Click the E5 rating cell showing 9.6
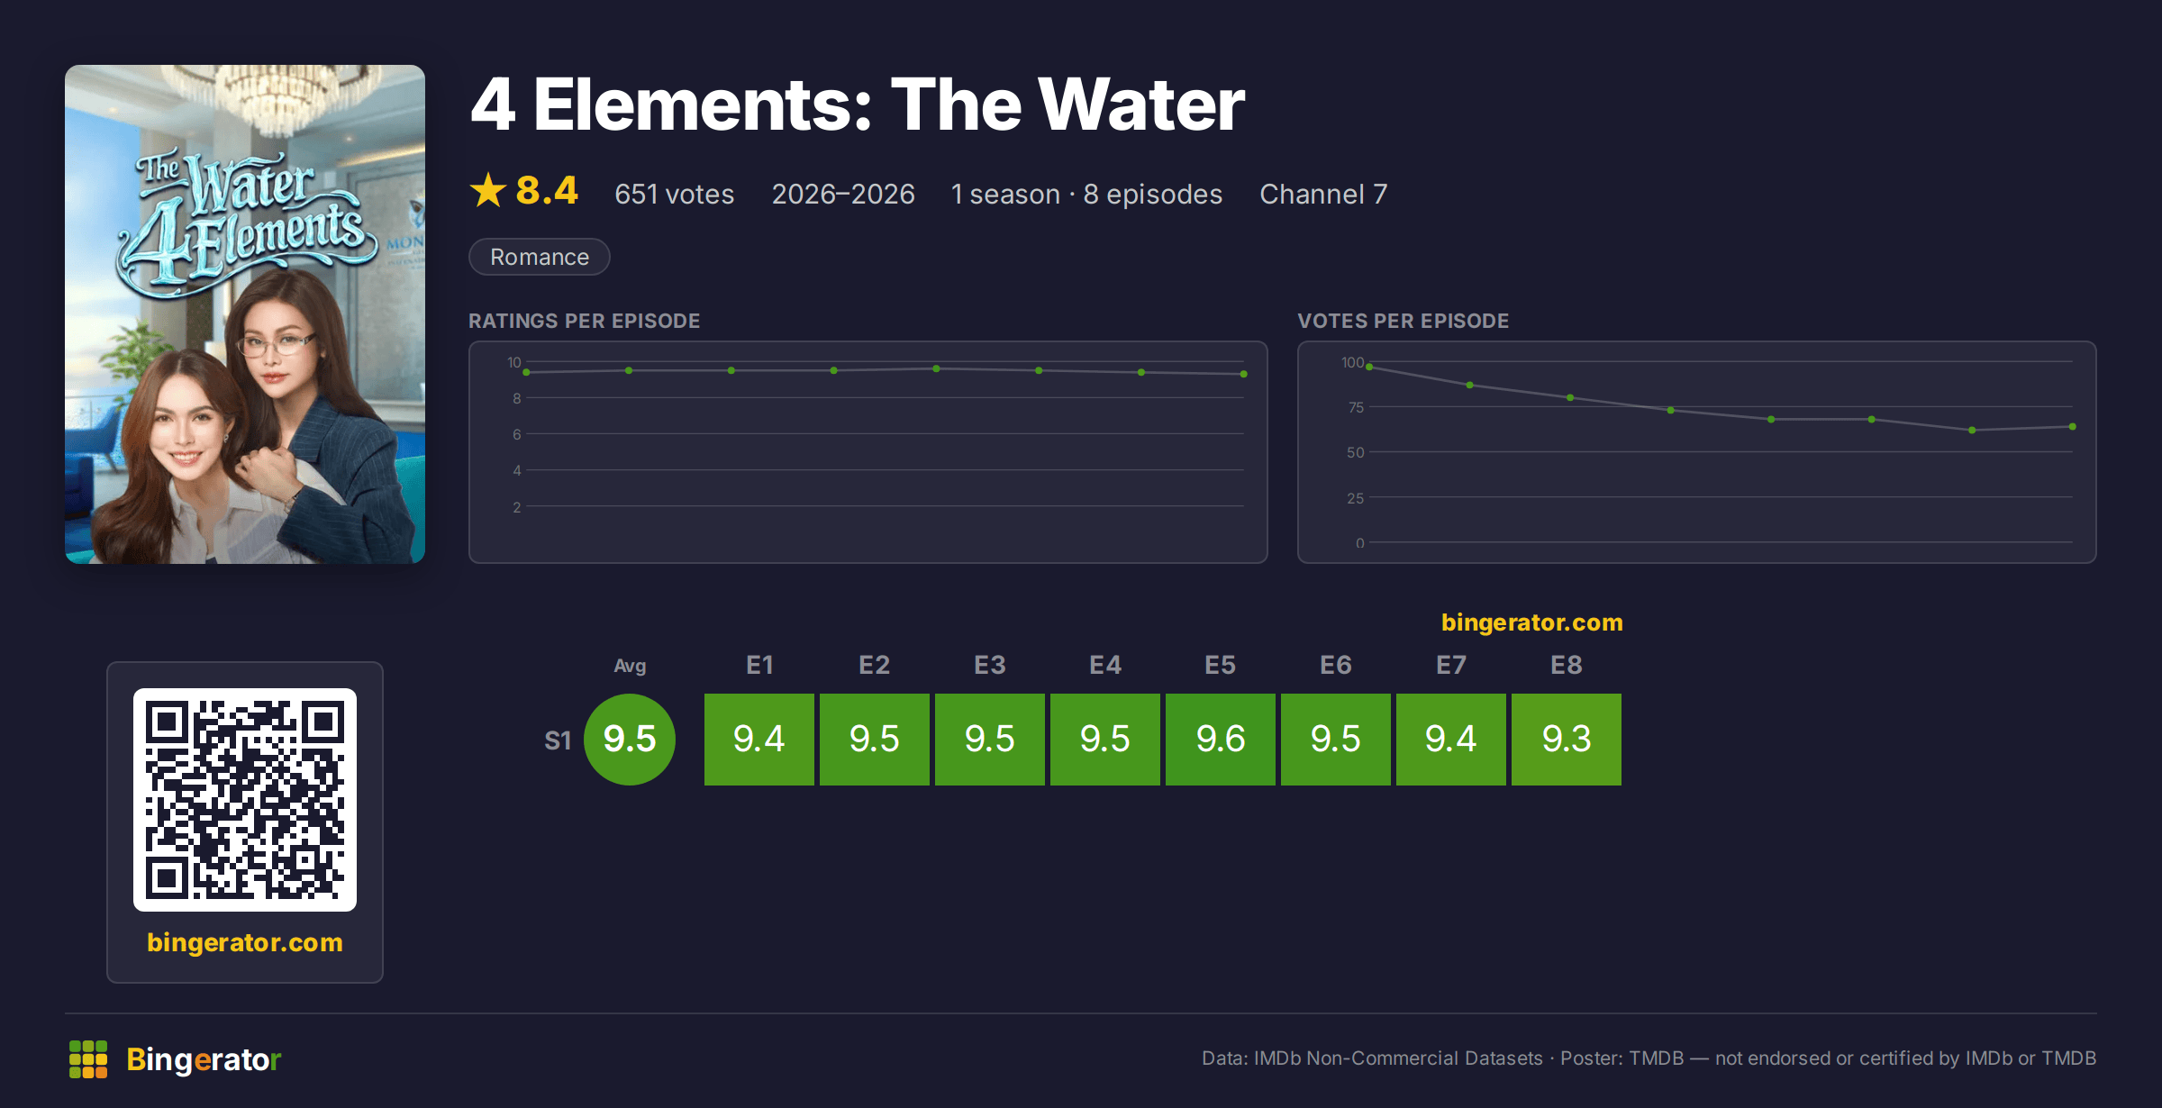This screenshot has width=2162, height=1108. pos(1221,740)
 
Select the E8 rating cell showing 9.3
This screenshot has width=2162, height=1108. pos(1567,740)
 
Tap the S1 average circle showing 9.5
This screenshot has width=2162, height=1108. pos(630,740)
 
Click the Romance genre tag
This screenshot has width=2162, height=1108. pos(540,257)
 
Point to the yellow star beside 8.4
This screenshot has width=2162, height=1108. pos(488,190)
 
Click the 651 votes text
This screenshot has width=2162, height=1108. pos(674,194)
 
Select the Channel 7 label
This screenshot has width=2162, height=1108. pos(1323,194)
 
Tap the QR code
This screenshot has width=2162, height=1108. pos(245,800)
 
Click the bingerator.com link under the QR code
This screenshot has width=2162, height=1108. pos(245,942)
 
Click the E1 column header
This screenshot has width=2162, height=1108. pos(759,665)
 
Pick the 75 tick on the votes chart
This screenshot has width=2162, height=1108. pos(1356,407)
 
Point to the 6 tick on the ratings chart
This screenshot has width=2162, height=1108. pos(517,434)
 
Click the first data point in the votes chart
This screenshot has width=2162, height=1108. pos(1369,367)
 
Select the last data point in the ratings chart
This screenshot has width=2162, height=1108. pos(1244,374)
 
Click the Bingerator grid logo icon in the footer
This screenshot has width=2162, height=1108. pos(88,1059)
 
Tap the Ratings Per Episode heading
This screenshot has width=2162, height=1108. pos(584,321)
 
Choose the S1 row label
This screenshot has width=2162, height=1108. pos(558,740)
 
